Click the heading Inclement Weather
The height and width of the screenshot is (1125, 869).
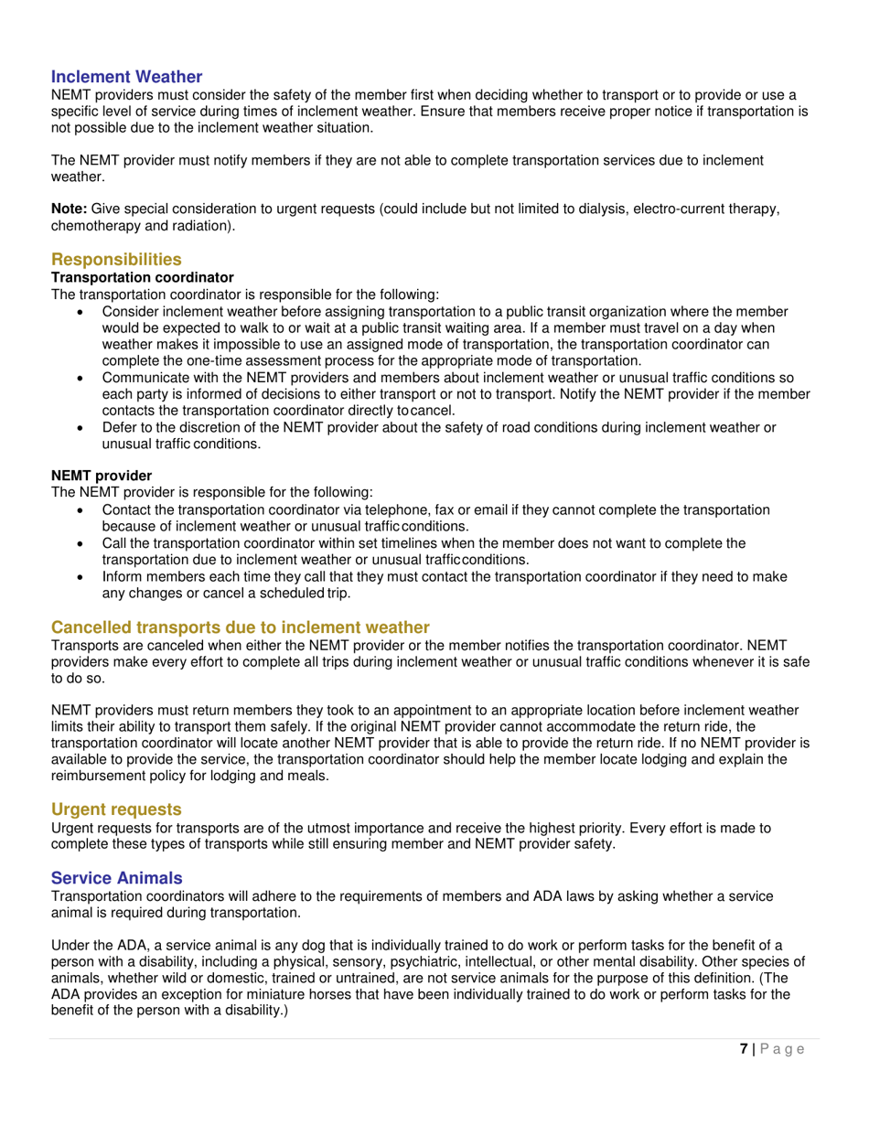coord(126,77)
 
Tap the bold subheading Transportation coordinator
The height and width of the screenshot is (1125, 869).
coord(142,277)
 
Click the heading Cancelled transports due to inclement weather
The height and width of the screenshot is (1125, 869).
coord(240,627)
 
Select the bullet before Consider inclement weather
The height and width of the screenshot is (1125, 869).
coord(83,312)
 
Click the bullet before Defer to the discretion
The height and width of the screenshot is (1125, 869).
coord(83,427)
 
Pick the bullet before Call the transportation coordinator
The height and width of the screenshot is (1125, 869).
coord(83,542)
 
